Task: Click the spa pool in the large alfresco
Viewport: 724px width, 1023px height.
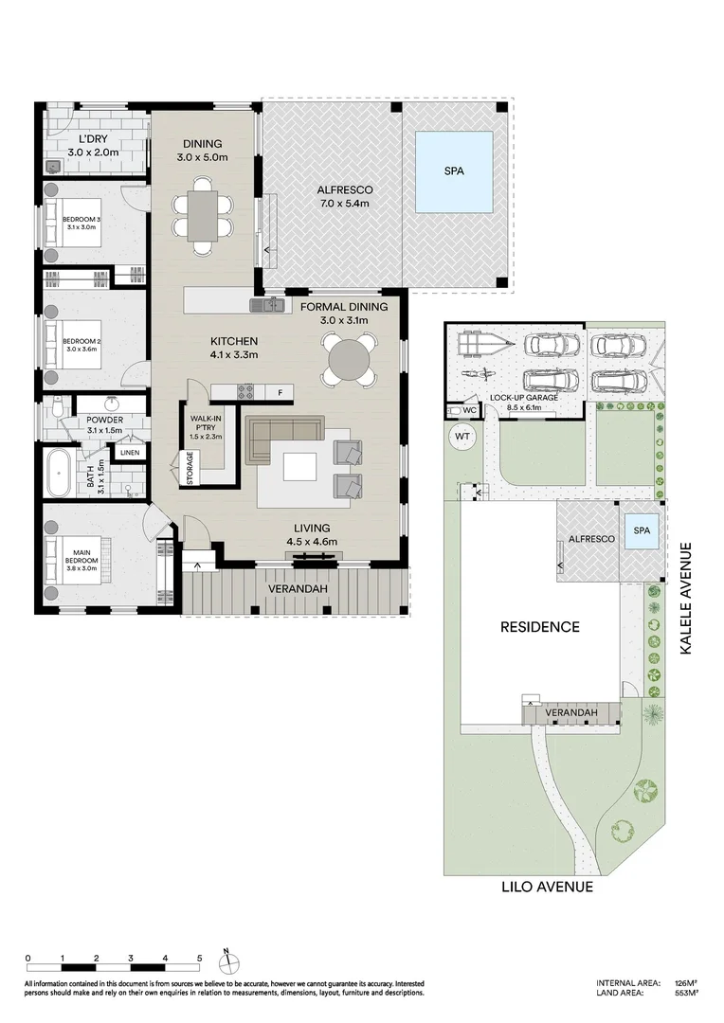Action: (454, 172)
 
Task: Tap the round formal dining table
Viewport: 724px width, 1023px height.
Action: (347, 361)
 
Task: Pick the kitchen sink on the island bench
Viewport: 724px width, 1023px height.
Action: (266, 304)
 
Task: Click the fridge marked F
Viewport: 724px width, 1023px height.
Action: (280, 391)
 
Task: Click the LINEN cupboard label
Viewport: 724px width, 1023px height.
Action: (130, 453)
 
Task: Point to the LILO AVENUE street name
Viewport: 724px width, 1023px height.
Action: (549, 888)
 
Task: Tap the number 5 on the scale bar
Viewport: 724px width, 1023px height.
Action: (199, 959)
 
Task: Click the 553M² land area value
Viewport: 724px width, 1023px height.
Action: (686, 994)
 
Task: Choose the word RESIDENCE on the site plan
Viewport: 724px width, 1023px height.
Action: (540, 627)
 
